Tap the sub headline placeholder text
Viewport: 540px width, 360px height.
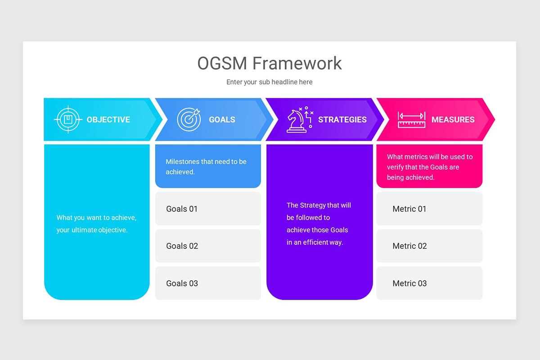click(x=269, y=82)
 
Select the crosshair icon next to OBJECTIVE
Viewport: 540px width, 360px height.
click(x=68, y=120)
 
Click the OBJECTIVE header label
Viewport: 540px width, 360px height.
click(x=108, y=120)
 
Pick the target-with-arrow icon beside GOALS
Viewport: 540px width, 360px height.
click(x=189, y=119)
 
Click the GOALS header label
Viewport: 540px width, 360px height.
click(x=222, y=120)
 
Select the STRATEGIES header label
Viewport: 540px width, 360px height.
click(x=342, y=120)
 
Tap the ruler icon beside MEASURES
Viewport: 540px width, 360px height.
click(x=411, y=120)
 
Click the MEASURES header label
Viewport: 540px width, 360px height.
click(x=453, y=120)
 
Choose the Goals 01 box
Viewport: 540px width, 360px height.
click(x=208, y=209)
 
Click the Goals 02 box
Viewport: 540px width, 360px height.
click(x=208, y=246)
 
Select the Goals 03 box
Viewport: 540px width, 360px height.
click(x=208, y=283)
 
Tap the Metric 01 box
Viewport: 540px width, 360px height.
click(x=429, y=209)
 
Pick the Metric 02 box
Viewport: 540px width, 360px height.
click(x=429, y=246)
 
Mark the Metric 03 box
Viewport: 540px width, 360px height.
click(x=429, y=283)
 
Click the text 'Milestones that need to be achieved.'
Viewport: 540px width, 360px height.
click(x=206, y=166)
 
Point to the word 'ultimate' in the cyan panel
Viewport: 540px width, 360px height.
click(x=84, y=230)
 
